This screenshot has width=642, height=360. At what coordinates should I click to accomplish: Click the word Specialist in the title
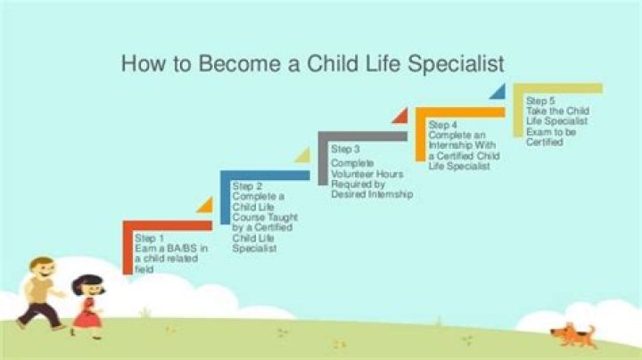[x=456, y=64]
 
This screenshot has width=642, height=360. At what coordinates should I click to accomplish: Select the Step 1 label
[x=150, y=238]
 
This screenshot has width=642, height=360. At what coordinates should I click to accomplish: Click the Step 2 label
[x=247, y=186]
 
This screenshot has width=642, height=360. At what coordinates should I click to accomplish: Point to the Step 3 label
[x=345, y=149]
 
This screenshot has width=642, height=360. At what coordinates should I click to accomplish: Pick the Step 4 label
[x=442, y=125]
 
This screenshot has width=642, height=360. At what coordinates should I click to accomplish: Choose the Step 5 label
[x=540, y=101]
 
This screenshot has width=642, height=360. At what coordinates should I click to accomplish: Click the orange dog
[x=573, y=335]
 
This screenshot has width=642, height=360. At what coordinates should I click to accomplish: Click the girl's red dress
[x=86, y=313]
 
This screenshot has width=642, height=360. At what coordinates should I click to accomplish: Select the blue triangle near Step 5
[x=499, y=92]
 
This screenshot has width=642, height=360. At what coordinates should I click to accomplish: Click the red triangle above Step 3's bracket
[x=401, y=116]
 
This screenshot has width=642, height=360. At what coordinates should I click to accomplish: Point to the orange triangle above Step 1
[x=206, y=205]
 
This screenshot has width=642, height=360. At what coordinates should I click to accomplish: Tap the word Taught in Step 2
[x=283, y=217]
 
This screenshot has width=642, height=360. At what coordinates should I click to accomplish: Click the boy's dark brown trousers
[x=39, y=314]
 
